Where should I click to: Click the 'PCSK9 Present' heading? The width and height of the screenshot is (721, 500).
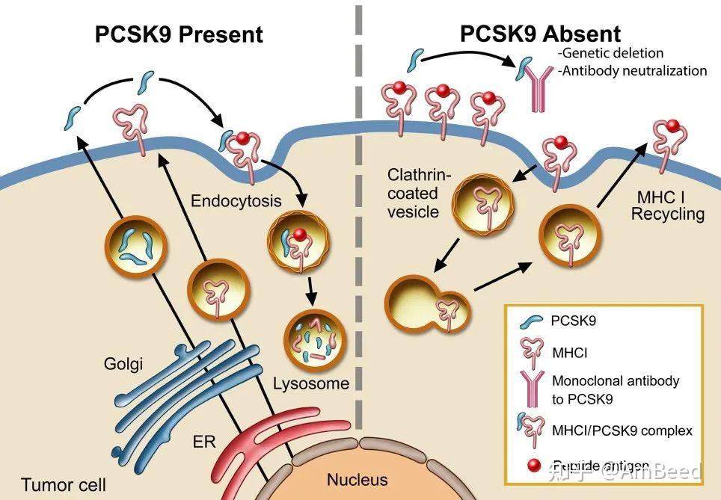click(179, 34)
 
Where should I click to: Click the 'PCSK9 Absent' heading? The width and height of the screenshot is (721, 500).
click(539, 34)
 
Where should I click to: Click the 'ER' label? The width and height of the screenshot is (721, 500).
click(204, 442)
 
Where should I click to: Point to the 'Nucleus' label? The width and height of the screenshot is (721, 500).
click(357, 480)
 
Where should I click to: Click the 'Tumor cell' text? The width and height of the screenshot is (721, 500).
click(64, 485)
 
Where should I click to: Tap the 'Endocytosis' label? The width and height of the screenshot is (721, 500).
click(236, 201)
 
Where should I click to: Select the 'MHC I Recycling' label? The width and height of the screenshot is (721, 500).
click(667, 206)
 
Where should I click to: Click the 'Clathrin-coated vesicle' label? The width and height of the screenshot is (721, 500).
click(420, 194)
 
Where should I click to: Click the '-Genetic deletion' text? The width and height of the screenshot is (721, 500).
click(610, 53)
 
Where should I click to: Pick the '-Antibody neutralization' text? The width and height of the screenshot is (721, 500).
click(632, 71)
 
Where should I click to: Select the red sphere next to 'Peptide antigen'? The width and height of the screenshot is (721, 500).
click(533, 466)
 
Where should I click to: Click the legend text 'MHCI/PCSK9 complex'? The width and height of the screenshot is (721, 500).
click(622, 430)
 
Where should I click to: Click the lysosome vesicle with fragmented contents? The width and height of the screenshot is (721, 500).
click(313, 340)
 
